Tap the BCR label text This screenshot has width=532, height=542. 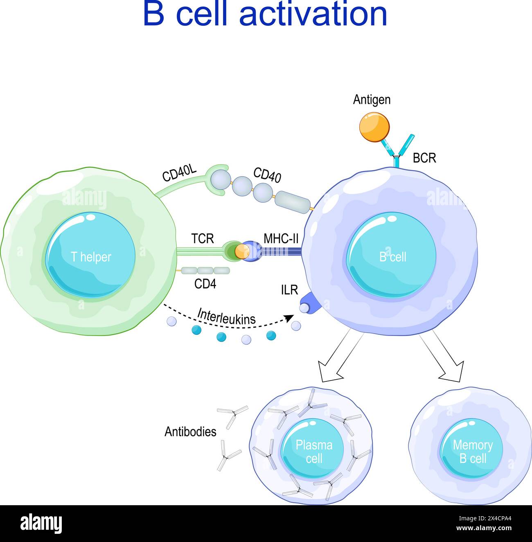point(424,158)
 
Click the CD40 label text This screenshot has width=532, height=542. point(267,174)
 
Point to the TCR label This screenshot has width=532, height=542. point(202,238)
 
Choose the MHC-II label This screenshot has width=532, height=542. point(281,238)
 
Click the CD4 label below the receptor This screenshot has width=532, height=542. point(205,284)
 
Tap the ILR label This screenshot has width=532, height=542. point(289,290)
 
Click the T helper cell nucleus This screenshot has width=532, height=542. point(90,257)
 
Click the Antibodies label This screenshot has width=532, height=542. point(190,432)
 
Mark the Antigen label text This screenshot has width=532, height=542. point(372,100)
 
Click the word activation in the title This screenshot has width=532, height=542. point(313,15)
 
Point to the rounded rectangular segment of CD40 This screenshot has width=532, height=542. point(293,202)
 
